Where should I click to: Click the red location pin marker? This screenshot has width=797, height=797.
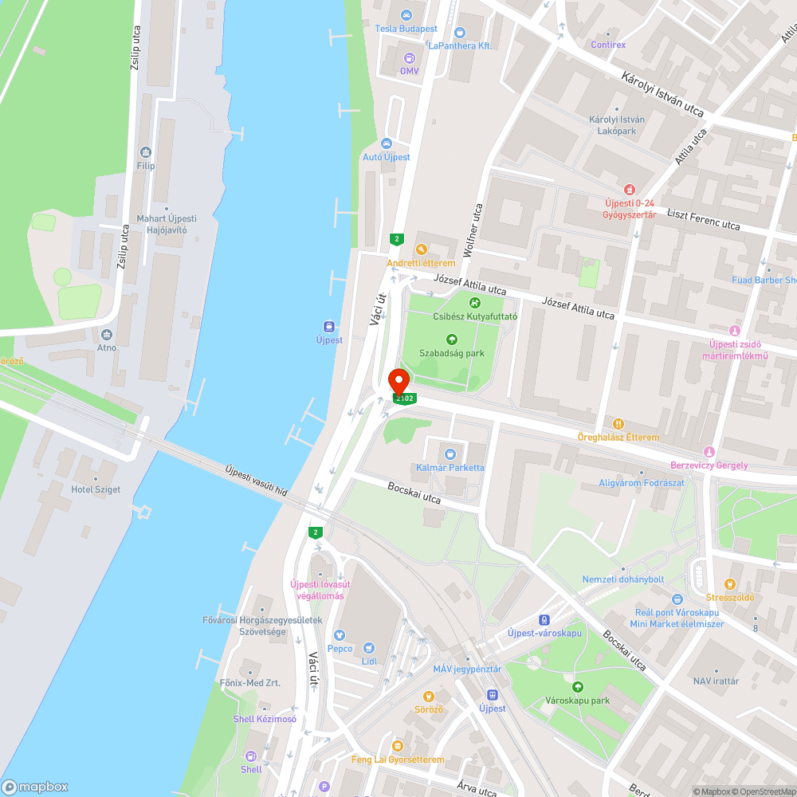pos(398,381)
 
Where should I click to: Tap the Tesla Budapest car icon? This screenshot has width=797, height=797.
pos(406,15)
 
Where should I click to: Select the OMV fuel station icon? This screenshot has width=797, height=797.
pos(410,57)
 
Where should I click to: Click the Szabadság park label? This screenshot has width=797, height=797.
pos(452,353)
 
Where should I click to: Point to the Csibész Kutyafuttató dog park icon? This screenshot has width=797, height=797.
pos(475,302)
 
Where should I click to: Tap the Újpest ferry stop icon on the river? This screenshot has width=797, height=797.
pos(328,326)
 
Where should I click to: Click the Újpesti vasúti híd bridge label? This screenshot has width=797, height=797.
pos(255,481)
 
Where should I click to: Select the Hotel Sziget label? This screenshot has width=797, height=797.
pos(96,489)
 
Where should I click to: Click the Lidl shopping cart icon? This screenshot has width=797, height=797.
pos(368,648)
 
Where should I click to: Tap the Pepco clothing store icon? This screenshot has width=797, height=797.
pos(340,635)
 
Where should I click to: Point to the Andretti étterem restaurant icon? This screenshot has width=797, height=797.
pos(421,249)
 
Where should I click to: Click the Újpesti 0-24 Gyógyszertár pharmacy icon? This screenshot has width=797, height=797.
pos(630,190)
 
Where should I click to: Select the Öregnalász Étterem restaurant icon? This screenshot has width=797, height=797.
pos(618,423)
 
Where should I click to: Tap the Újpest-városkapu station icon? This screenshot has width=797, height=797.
pos(544,619)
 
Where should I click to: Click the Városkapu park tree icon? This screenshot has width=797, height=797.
pos(577,686)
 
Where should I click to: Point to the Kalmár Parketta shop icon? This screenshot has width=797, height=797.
pos(450,453)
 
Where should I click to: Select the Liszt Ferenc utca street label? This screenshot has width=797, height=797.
pos(704,221)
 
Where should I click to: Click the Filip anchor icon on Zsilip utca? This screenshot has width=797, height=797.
pos(145,151)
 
